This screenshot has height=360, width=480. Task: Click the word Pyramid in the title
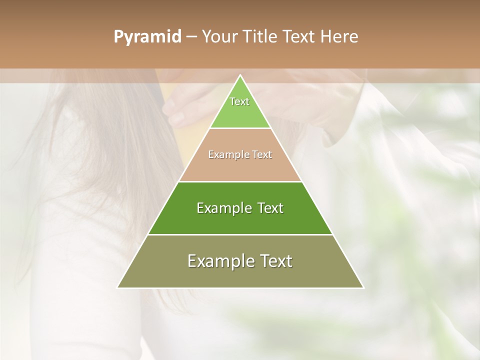click(147, 37)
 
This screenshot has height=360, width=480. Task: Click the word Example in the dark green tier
click(223, 208)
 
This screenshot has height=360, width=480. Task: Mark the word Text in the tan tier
click(262, 155)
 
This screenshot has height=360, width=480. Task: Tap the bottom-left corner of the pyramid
click(118, 287)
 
